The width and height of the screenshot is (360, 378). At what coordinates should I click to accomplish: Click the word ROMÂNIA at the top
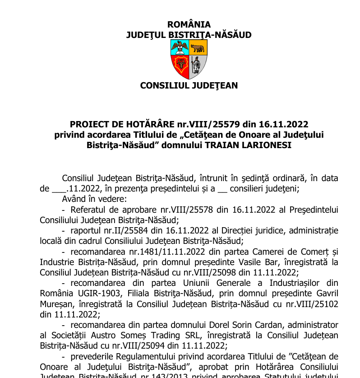(189, 25)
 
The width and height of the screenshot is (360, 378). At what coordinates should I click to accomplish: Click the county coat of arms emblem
(189, 59)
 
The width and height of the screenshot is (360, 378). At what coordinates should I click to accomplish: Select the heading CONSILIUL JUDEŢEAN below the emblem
(189, 85)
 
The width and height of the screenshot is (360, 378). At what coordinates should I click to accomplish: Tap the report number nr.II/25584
(107, 231)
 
